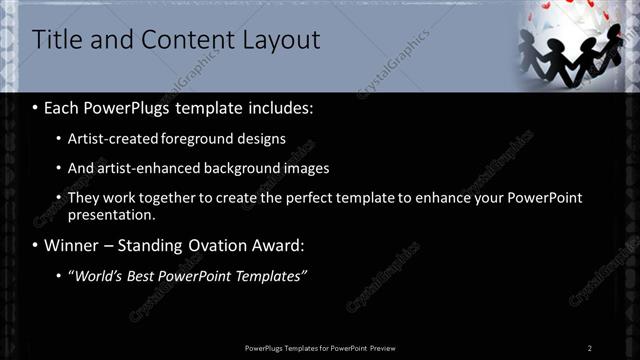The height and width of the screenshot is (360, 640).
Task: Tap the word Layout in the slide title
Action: pos(282,41)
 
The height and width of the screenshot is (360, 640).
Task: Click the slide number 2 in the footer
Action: pos(590,348)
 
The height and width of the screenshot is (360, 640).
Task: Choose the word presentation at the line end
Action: pos(112,214)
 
